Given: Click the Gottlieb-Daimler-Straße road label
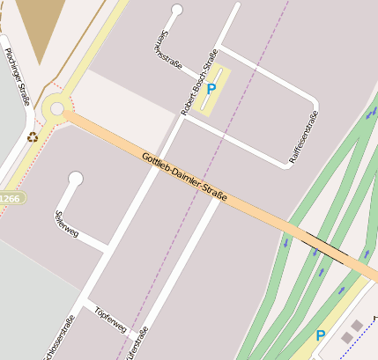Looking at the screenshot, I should [184, 177].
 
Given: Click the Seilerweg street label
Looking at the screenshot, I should [67, 222].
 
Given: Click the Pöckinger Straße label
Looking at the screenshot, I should [17, 75].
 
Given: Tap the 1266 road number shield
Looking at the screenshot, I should [10, 199].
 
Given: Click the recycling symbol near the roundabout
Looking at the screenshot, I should [33, 137].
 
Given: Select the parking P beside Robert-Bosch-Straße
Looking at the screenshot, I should [211, 89].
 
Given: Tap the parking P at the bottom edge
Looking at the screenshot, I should [321, 335].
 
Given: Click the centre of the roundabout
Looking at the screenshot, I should [57, 109].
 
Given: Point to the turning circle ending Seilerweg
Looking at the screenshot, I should [75, 179].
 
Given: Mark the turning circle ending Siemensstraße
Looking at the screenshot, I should [177, 11].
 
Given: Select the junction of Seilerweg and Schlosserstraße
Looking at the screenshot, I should [109, 250].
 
